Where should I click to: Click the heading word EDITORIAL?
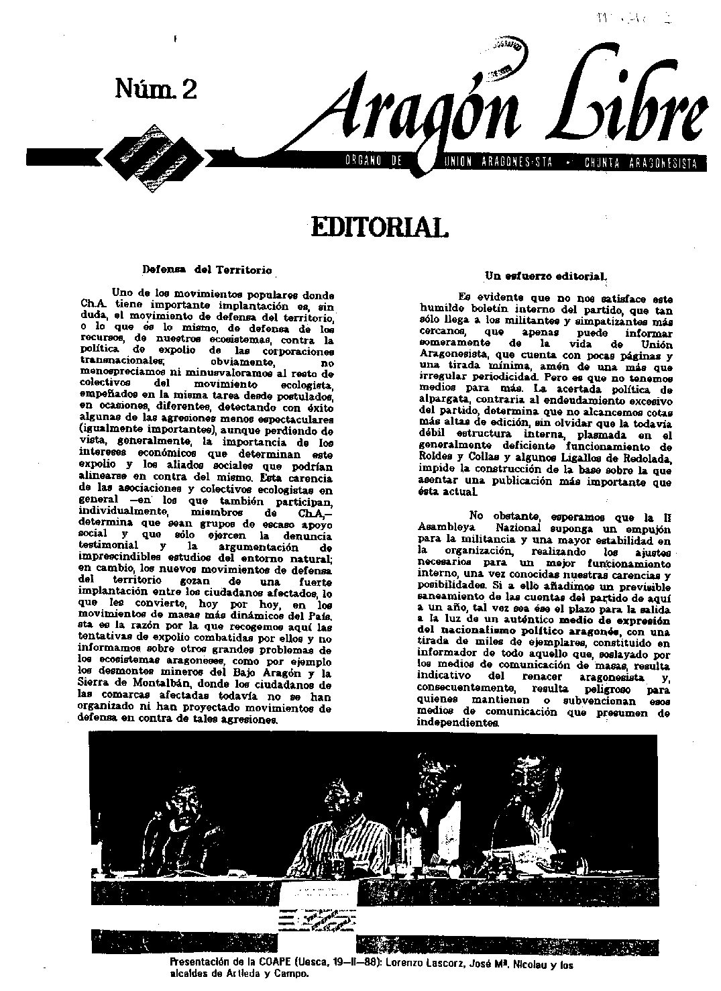(377, 227)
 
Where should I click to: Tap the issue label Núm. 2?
(156, 89)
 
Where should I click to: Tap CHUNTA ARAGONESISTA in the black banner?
(641, 163)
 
